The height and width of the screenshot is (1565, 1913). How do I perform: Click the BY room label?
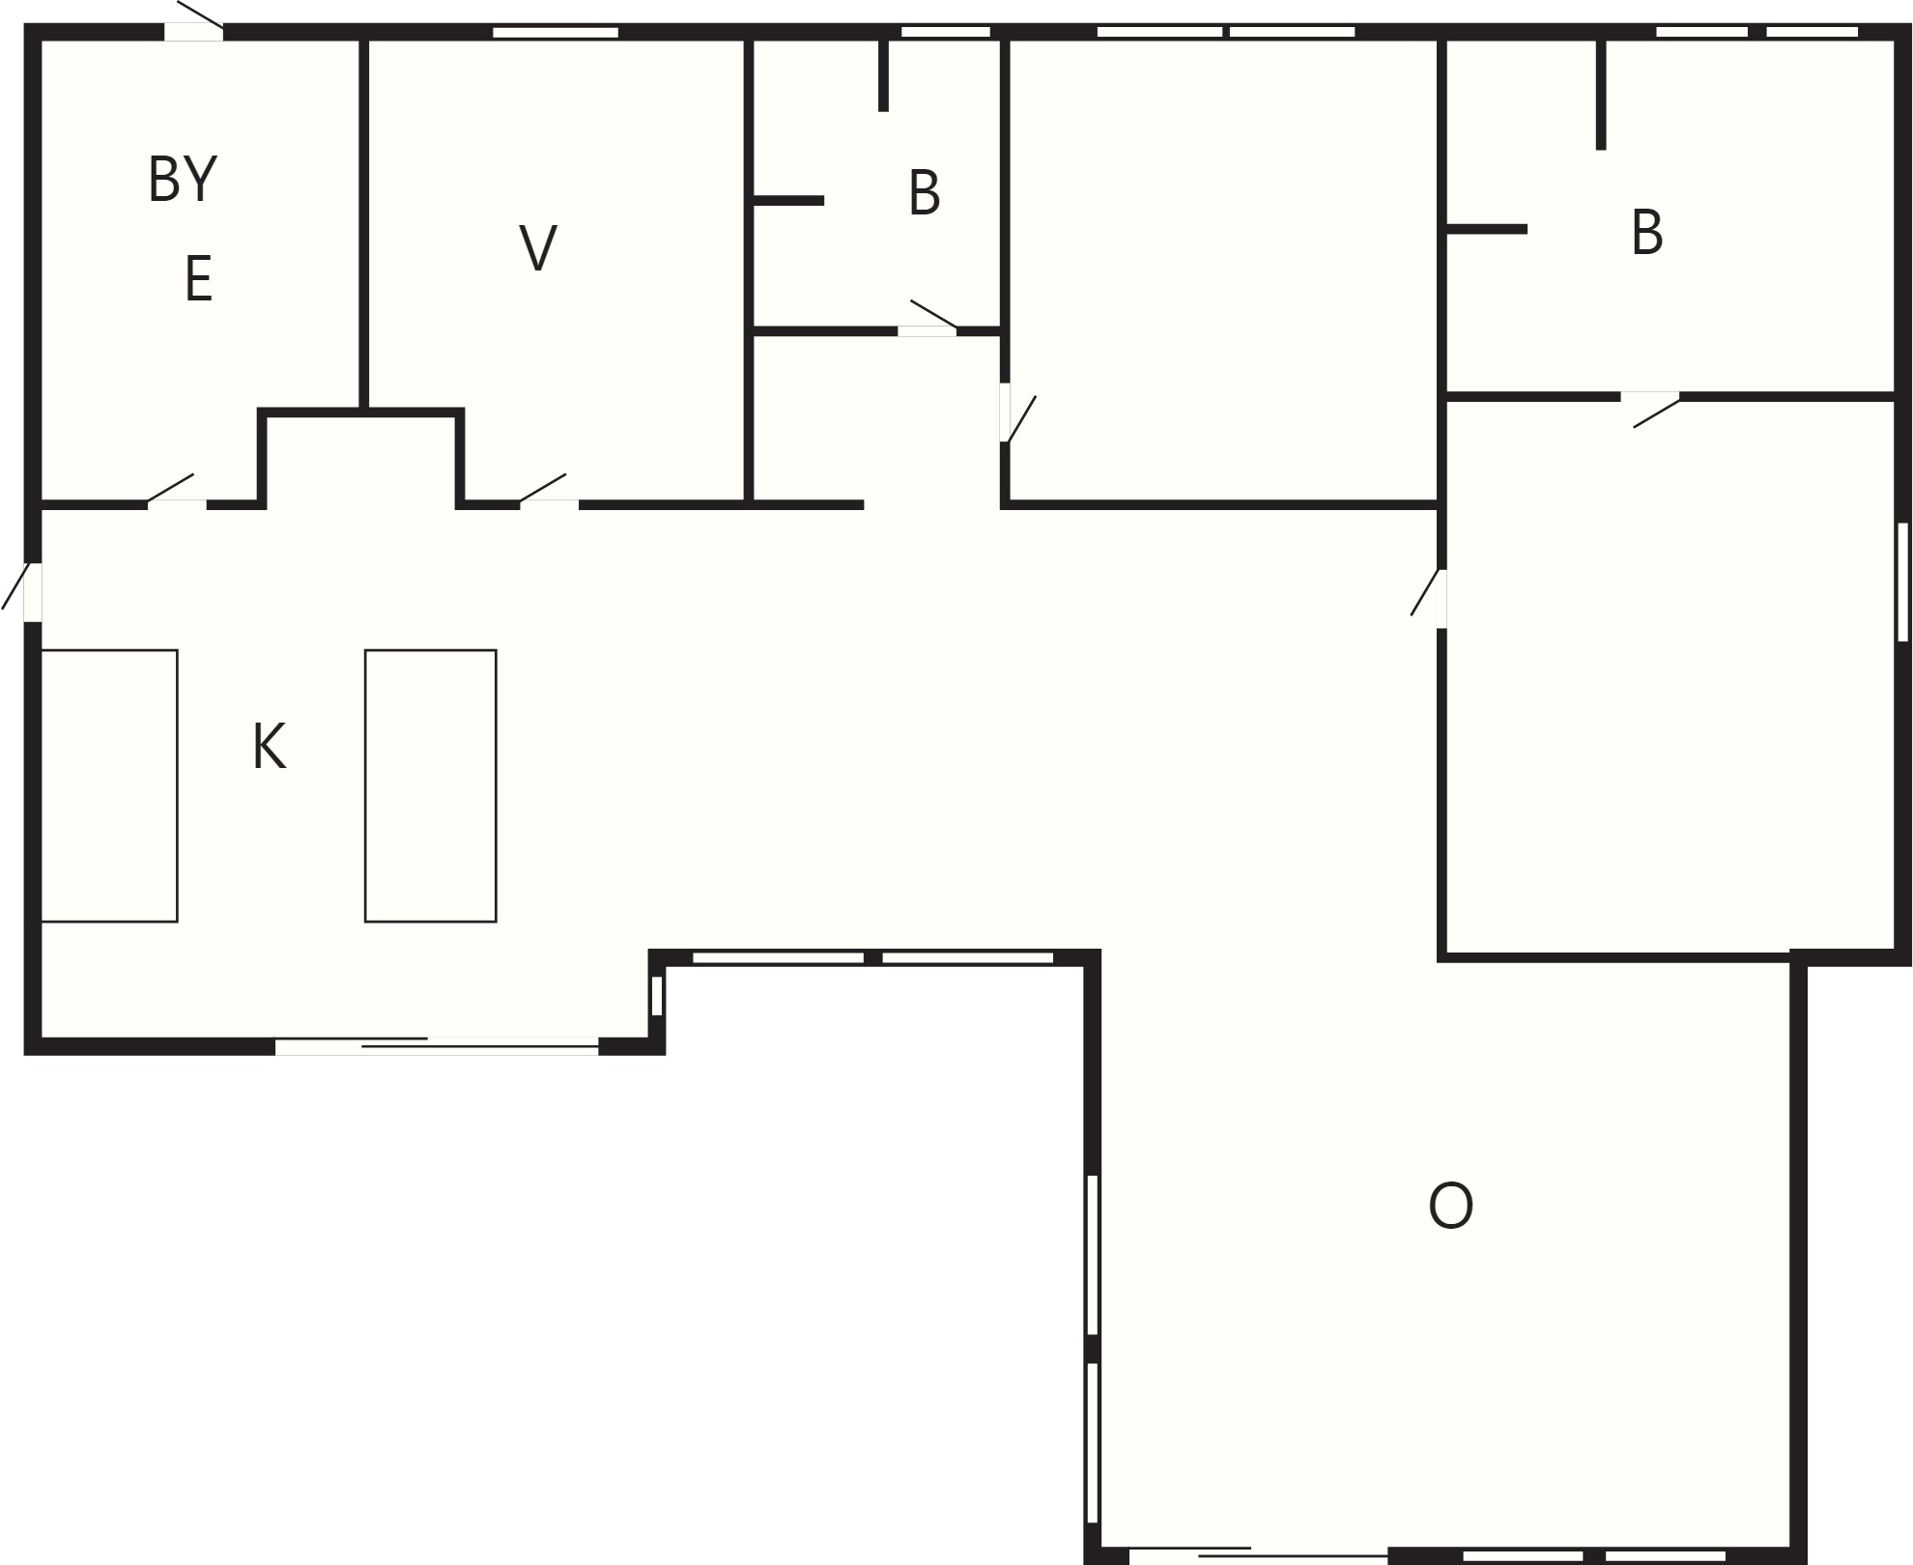point(183,179)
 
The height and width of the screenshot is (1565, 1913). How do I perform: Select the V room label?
point(538,247)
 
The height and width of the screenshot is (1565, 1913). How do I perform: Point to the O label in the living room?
point(1450,1206)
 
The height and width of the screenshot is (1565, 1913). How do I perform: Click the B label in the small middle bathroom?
point(925,193)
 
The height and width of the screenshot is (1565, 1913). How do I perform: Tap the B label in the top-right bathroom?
point(1647,233)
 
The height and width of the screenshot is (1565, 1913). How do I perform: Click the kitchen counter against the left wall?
point(109,785)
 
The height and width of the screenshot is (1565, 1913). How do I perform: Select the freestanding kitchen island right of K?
point(431,785)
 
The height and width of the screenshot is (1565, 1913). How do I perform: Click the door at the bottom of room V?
point(548,492)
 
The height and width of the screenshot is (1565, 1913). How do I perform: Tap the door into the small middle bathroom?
point(930,319)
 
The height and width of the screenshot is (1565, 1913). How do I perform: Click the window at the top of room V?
point(556,32)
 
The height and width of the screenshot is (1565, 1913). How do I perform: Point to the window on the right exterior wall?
point(1902,582)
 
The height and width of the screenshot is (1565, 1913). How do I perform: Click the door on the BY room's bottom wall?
point(176,492)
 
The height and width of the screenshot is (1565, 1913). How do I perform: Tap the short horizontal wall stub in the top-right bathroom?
point(1487,229)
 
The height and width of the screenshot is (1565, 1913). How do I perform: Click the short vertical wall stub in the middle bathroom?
point(883,75)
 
